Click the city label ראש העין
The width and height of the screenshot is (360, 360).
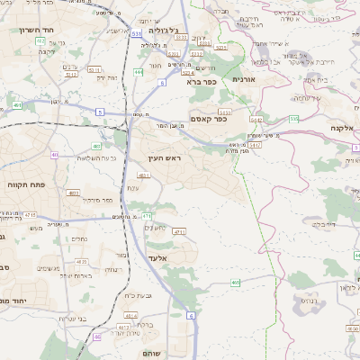[x=165, y=158]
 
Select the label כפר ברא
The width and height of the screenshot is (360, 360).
[x=202, y=81]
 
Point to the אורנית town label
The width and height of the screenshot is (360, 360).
[x=245, y=79]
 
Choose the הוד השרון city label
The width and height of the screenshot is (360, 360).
[x=37, y=30]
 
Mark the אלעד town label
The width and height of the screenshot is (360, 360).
[x=157, y=258]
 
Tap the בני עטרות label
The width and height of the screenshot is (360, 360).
[x=72, y=318]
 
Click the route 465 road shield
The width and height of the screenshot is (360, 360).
[x=235, y=283]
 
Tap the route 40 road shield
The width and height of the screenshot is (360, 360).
[x=55, y=155]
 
